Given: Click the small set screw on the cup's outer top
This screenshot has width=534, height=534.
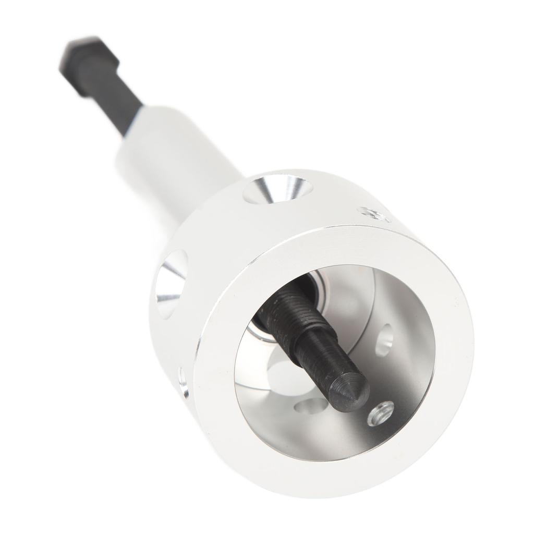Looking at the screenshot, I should tap(373, 214).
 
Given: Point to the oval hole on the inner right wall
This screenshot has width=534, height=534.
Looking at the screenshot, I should tap(385, 339).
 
